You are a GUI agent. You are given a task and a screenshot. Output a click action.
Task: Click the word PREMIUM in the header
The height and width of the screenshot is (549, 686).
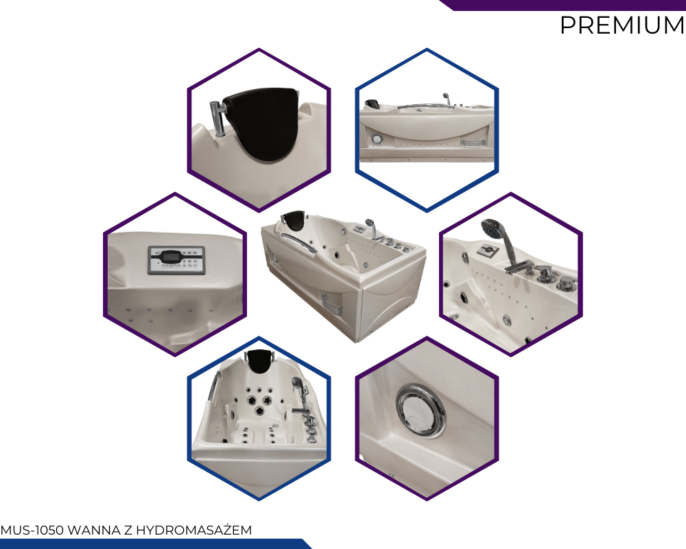[622, 25]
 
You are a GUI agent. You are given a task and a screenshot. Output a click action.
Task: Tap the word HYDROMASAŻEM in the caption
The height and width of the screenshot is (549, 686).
[194, 530]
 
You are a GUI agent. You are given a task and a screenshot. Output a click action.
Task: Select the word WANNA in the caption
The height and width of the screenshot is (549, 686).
[94, 530]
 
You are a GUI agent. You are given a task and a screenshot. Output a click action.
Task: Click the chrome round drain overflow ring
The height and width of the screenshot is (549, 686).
[421, 410]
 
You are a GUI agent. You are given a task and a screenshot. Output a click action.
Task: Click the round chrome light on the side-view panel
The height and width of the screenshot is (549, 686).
[377, 139]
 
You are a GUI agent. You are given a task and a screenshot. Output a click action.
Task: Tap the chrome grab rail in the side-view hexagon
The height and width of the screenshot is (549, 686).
[421, 106]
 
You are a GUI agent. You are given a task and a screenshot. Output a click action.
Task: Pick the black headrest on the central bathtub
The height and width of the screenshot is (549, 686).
[294, 218]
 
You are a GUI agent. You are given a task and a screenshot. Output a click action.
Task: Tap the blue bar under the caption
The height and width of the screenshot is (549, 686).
[155, 544]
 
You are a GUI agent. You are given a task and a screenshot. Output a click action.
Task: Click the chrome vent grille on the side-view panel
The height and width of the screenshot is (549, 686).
[473, 143]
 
